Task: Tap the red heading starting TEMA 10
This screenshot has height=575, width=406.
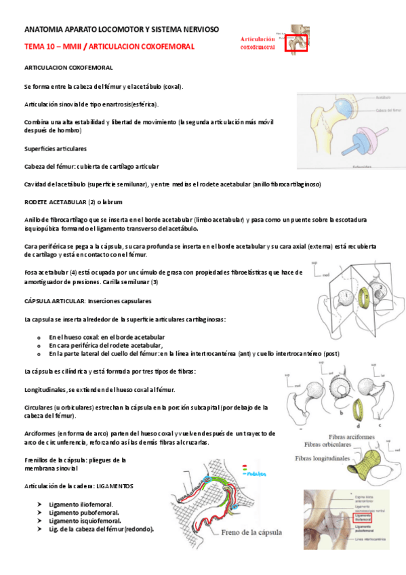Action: coord(109,46)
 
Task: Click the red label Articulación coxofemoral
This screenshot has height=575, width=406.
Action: coord(258,43)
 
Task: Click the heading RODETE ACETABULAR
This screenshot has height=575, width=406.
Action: coord(54,202)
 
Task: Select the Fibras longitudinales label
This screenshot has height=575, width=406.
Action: coord(323,458)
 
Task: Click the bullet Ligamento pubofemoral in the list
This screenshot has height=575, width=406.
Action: coord(83,513)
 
